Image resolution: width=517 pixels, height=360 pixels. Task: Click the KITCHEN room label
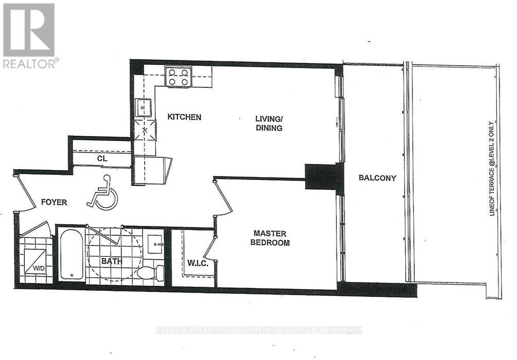click(x=184, y=117)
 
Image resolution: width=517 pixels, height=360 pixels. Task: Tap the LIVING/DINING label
click(x=269, y=123)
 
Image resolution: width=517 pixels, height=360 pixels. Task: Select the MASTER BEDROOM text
click(x=270, y=238)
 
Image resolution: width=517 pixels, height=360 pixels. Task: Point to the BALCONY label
click(x=377, y=178)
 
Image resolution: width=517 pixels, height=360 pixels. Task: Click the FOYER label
click(x=54, y=203)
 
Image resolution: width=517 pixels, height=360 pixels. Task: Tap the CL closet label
click(x=102, y=158)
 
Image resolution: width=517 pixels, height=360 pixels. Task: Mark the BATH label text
click(x=111, y=261)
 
